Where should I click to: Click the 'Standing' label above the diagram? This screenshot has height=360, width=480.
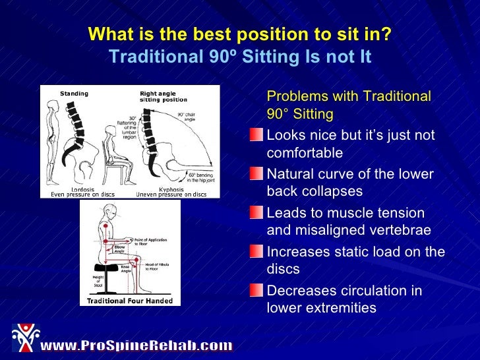point(74,94)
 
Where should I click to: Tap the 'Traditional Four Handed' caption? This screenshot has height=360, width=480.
point(130,301)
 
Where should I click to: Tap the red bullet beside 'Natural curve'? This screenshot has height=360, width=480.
point(256,174)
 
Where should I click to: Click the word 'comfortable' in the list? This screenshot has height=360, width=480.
point(305,153)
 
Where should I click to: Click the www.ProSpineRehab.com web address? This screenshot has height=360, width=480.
point(136,345)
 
